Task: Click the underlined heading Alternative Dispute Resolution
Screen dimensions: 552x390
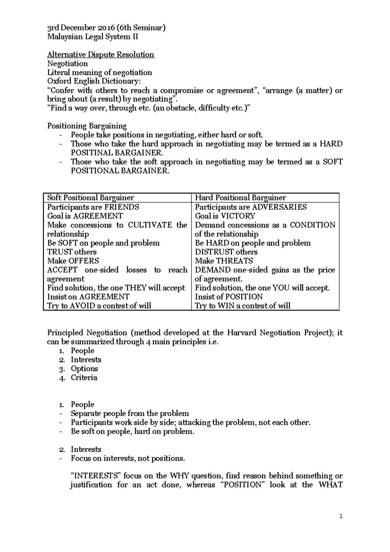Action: point(101,55)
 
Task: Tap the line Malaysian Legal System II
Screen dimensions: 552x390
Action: point(93,37)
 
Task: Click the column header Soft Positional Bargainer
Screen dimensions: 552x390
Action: point(91,198)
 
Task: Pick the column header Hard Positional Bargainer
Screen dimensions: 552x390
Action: point(240,198)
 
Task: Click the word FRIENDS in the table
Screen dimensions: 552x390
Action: point(121,207)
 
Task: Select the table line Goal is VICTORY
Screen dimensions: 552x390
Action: point(225,216)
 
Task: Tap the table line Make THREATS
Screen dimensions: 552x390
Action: point(224,261)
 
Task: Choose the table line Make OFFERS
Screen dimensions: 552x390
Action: point(73,261)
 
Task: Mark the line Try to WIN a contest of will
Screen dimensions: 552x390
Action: point(242,306)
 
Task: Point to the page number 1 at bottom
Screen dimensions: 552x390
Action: point(341,516)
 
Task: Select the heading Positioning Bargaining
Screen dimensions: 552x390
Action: point(87,126)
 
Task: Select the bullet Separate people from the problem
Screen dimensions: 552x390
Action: point(130,414)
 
